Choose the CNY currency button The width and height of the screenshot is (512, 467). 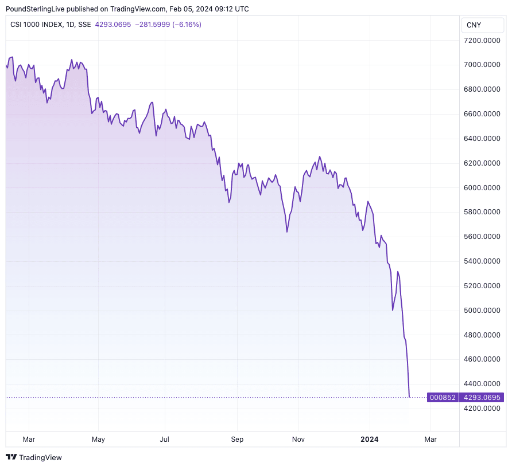point(474,25)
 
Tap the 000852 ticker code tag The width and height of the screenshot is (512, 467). point(443,397)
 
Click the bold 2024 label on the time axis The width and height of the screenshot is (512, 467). point(369,439)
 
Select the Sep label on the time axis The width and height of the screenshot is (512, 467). point(237,439)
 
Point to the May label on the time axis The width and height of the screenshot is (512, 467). point(98,439)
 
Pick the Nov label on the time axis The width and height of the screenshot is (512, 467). point(298,439)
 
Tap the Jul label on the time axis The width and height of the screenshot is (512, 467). point(165,439)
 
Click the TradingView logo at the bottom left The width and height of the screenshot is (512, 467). point(34,457)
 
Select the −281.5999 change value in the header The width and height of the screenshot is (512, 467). point(154,25)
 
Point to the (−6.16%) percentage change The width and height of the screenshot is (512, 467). point(188,25)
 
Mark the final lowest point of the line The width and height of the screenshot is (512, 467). point(409,397)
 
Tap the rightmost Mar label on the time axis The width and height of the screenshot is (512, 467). point(430,439)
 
